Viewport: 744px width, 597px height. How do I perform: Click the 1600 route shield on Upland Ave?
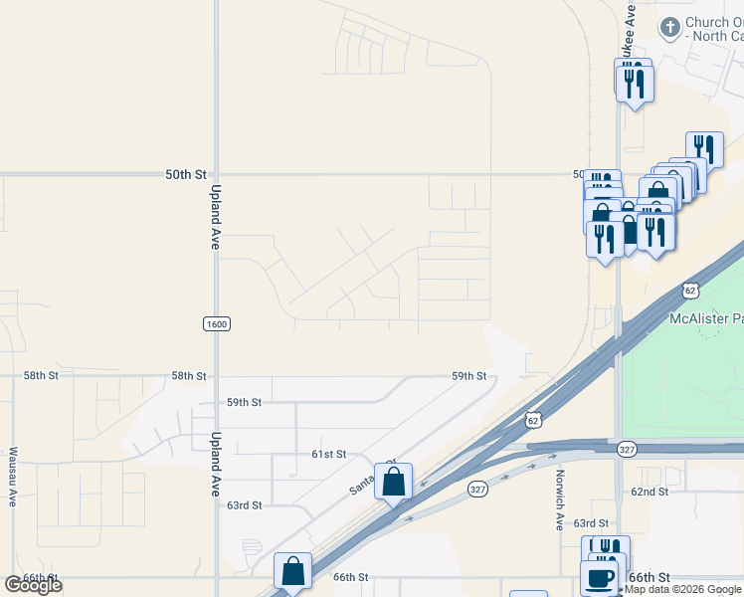[216, 324]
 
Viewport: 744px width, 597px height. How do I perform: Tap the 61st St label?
[328, 454]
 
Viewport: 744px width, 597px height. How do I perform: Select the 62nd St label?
[649, 492]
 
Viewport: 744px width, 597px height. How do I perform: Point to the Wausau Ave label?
[12, 477]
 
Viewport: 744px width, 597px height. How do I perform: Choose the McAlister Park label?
[705, 318]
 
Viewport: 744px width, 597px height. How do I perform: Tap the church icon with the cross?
[670, 28]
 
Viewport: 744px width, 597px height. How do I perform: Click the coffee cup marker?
[599, 577]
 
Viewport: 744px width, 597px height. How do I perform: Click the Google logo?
[33, 584]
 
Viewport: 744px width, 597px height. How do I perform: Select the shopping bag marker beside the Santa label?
[393, 483]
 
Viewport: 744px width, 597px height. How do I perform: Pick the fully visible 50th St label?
[185, 174]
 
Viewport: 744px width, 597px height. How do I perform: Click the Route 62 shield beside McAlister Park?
[691, 290]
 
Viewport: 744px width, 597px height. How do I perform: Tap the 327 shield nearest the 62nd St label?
[626, 450]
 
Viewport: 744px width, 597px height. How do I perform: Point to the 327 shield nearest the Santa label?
[478, 490]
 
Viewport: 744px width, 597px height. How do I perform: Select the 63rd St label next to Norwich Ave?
[590, 523]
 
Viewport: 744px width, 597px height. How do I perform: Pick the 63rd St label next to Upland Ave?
[244, 505]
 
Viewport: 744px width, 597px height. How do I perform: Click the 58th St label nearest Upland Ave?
[189, 376]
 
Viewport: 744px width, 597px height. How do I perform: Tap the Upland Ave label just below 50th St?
[215, 217]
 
